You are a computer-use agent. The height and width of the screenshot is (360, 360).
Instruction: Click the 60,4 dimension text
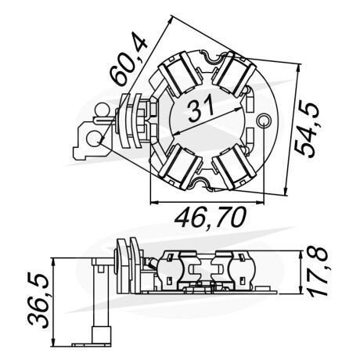click(128, 59)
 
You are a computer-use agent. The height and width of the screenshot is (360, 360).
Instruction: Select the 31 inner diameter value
click(200, 110)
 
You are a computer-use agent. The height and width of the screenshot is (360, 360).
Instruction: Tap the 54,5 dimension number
click(307, 129)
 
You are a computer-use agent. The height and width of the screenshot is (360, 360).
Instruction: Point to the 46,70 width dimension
click(211, 218)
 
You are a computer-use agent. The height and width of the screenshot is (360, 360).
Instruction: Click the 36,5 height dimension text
click(38, 300)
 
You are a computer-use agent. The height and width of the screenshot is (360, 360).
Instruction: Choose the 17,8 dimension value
click(318, 272)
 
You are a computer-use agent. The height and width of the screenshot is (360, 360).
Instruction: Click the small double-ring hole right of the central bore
click(264, 121)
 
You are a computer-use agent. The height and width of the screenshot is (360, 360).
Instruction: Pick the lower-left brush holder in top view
click(181, 167)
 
